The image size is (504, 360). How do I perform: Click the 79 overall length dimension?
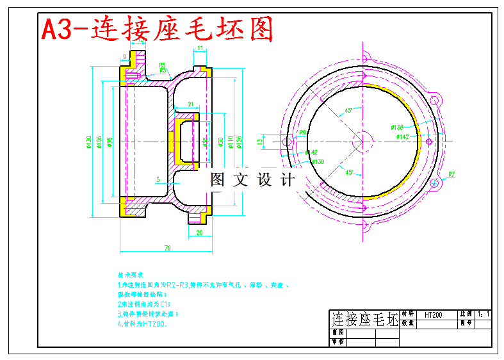tap(167, 248)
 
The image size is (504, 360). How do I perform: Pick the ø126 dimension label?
tap(240, 142)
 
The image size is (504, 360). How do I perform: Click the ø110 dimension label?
tap(230, 142)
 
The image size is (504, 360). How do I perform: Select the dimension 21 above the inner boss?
tap(190, 104)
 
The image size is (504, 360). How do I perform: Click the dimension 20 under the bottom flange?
tap(199, 233)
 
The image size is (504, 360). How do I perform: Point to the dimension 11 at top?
tap(200, 47)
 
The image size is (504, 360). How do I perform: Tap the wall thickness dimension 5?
tap(158, 179)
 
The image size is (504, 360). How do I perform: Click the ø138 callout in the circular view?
tap(397, 127)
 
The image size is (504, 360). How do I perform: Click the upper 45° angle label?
tap(349, 110)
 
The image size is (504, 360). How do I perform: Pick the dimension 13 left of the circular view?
tap(259, 142)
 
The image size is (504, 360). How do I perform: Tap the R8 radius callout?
tap(303, 133)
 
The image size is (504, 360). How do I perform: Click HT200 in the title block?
tap(434, 315)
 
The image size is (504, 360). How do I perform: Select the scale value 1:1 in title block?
tap(484, 315)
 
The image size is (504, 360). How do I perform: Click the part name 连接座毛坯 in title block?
tap(364, 319)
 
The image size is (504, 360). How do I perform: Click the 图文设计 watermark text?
tap(253, 180)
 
